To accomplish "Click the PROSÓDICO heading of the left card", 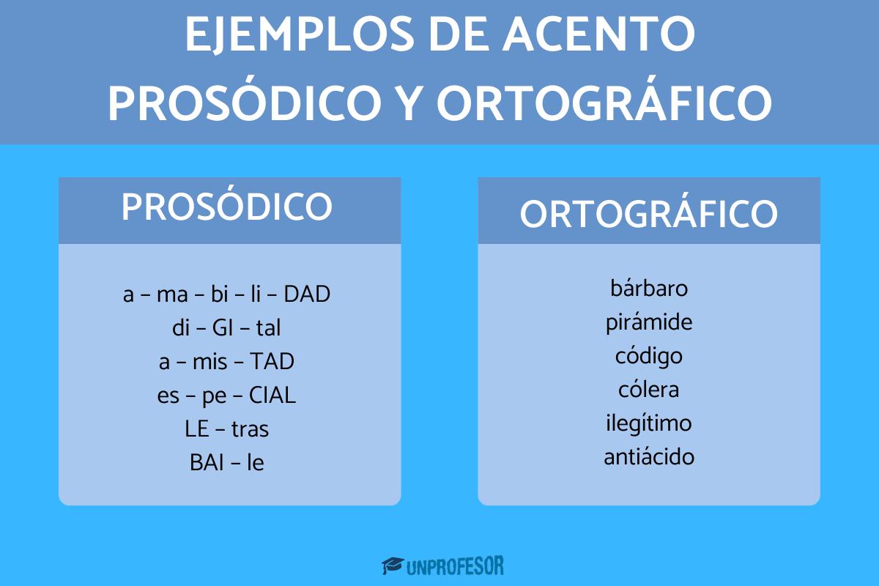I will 227,208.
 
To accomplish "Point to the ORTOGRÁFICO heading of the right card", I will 648,214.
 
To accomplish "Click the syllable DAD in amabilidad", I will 307,294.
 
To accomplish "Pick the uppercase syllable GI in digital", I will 222,328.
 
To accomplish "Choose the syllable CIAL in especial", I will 272,396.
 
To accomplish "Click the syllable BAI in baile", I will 205,463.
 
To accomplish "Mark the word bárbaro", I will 649,288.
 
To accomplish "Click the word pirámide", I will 649,322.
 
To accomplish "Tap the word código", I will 649,356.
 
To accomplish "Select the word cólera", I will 649,390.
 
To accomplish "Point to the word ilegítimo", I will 649,423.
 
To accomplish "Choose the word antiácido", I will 649,457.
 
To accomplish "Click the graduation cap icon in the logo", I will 393,565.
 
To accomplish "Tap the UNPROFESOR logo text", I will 455,565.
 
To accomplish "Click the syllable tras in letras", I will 250,429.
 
